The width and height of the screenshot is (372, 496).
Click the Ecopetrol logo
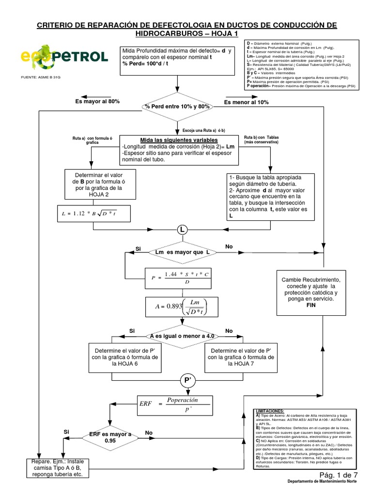63,57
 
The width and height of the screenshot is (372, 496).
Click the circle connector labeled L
182,229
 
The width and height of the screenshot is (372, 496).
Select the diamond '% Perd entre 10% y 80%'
176,106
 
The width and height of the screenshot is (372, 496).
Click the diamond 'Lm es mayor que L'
182,253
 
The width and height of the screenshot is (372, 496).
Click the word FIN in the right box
311,307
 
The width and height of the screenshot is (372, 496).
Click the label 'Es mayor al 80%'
97,102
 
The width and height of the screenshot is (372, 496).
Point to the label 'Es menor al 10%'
247,102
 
